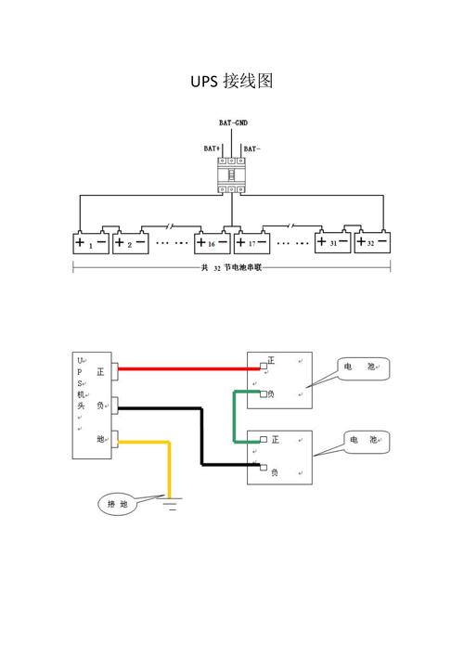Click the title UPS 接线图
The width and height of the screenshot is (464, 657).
(232, 81)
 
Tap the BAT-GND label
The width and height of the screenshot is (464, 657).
(234, 122)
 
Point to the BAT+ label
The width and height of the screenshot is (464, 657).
(212, 148)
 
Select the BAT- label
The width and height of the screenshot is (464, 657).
(251, 148)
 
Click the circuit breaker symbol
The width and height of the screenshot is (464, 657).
(231, 175)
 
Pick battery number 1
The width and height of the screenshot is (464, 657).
(91, 241)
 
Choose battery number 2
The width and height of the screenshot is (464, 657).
(131, 241)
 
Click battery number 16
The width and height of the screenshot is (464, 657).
(213, 241)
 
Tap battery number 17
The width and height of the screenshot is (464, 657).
(251, 241)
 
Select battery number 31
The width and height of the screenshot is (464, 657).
(333, 241)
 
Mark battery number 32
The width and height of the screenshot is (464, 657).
(373, 241)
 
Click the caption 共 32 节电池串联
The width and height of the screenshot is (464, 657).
(231, 268)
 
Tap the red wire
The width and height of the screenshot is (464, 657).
(189, 368)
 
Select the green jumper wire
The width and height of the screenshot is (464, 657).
(235, 417)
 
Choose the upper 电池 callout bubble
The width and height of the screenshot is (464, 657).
(363, 368)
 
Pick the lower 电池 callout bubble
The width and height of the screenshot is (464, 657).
(367, 442)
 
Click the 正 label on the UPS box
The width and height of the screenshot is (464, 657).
(100, 372)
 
